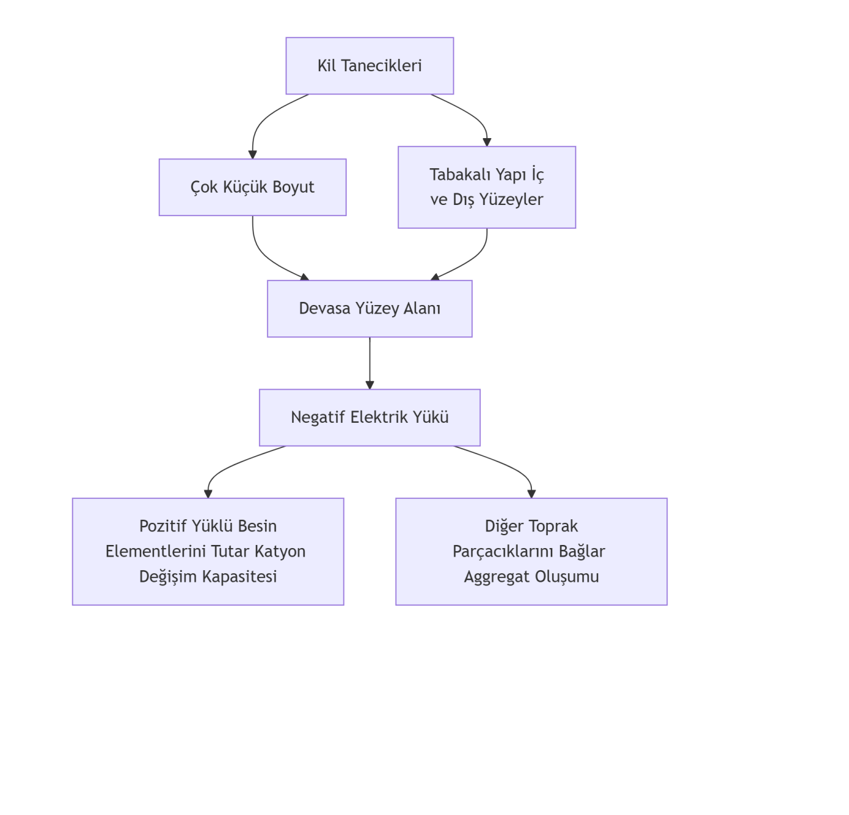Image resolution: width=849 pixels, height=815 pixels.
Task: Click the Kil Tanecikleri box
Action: (x=369, y=66)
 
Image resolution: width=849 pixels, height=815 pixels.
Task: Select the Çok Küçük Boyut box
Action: (x=252, y=187)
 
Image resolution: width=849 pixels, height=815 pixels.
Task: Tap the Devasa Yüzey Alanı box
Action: (x=369, y=309)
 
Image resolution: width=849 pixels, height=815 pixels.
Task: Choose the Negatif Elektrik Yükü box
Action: (x=369, y=417)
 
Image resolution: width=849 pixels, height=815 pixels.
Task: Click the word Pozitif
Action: (x=163, y=527)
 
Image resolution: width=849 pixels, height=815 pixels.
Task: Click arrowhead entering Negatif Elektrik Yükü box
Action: (x=369, y=385)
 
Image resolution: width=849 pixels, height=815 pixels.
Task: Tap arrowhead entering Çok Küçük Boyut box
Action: (x=252, y=155)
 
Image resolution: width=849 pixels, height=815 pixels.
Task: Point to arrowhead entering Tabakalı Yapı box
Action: (x=487, y=142)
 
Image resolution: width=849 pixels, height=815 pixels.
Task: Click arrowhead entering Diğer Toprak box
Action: (x=531, y=493)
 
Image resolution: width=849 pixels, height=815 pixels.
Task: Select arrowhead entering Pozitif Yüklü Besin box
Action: (x=208, y=493)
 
